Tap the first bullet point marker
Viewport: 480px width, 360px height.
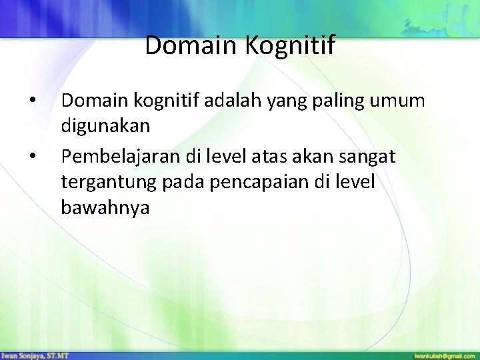coord(33,102)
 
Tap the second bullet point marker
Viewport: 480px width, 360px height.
coord(33,157)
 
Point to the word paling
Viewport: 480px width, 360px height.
coord(347,102)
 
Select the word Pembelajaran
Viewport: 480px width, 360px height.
coord(114,157)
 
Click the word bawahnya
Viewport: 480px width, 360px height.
coord(105,208)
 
